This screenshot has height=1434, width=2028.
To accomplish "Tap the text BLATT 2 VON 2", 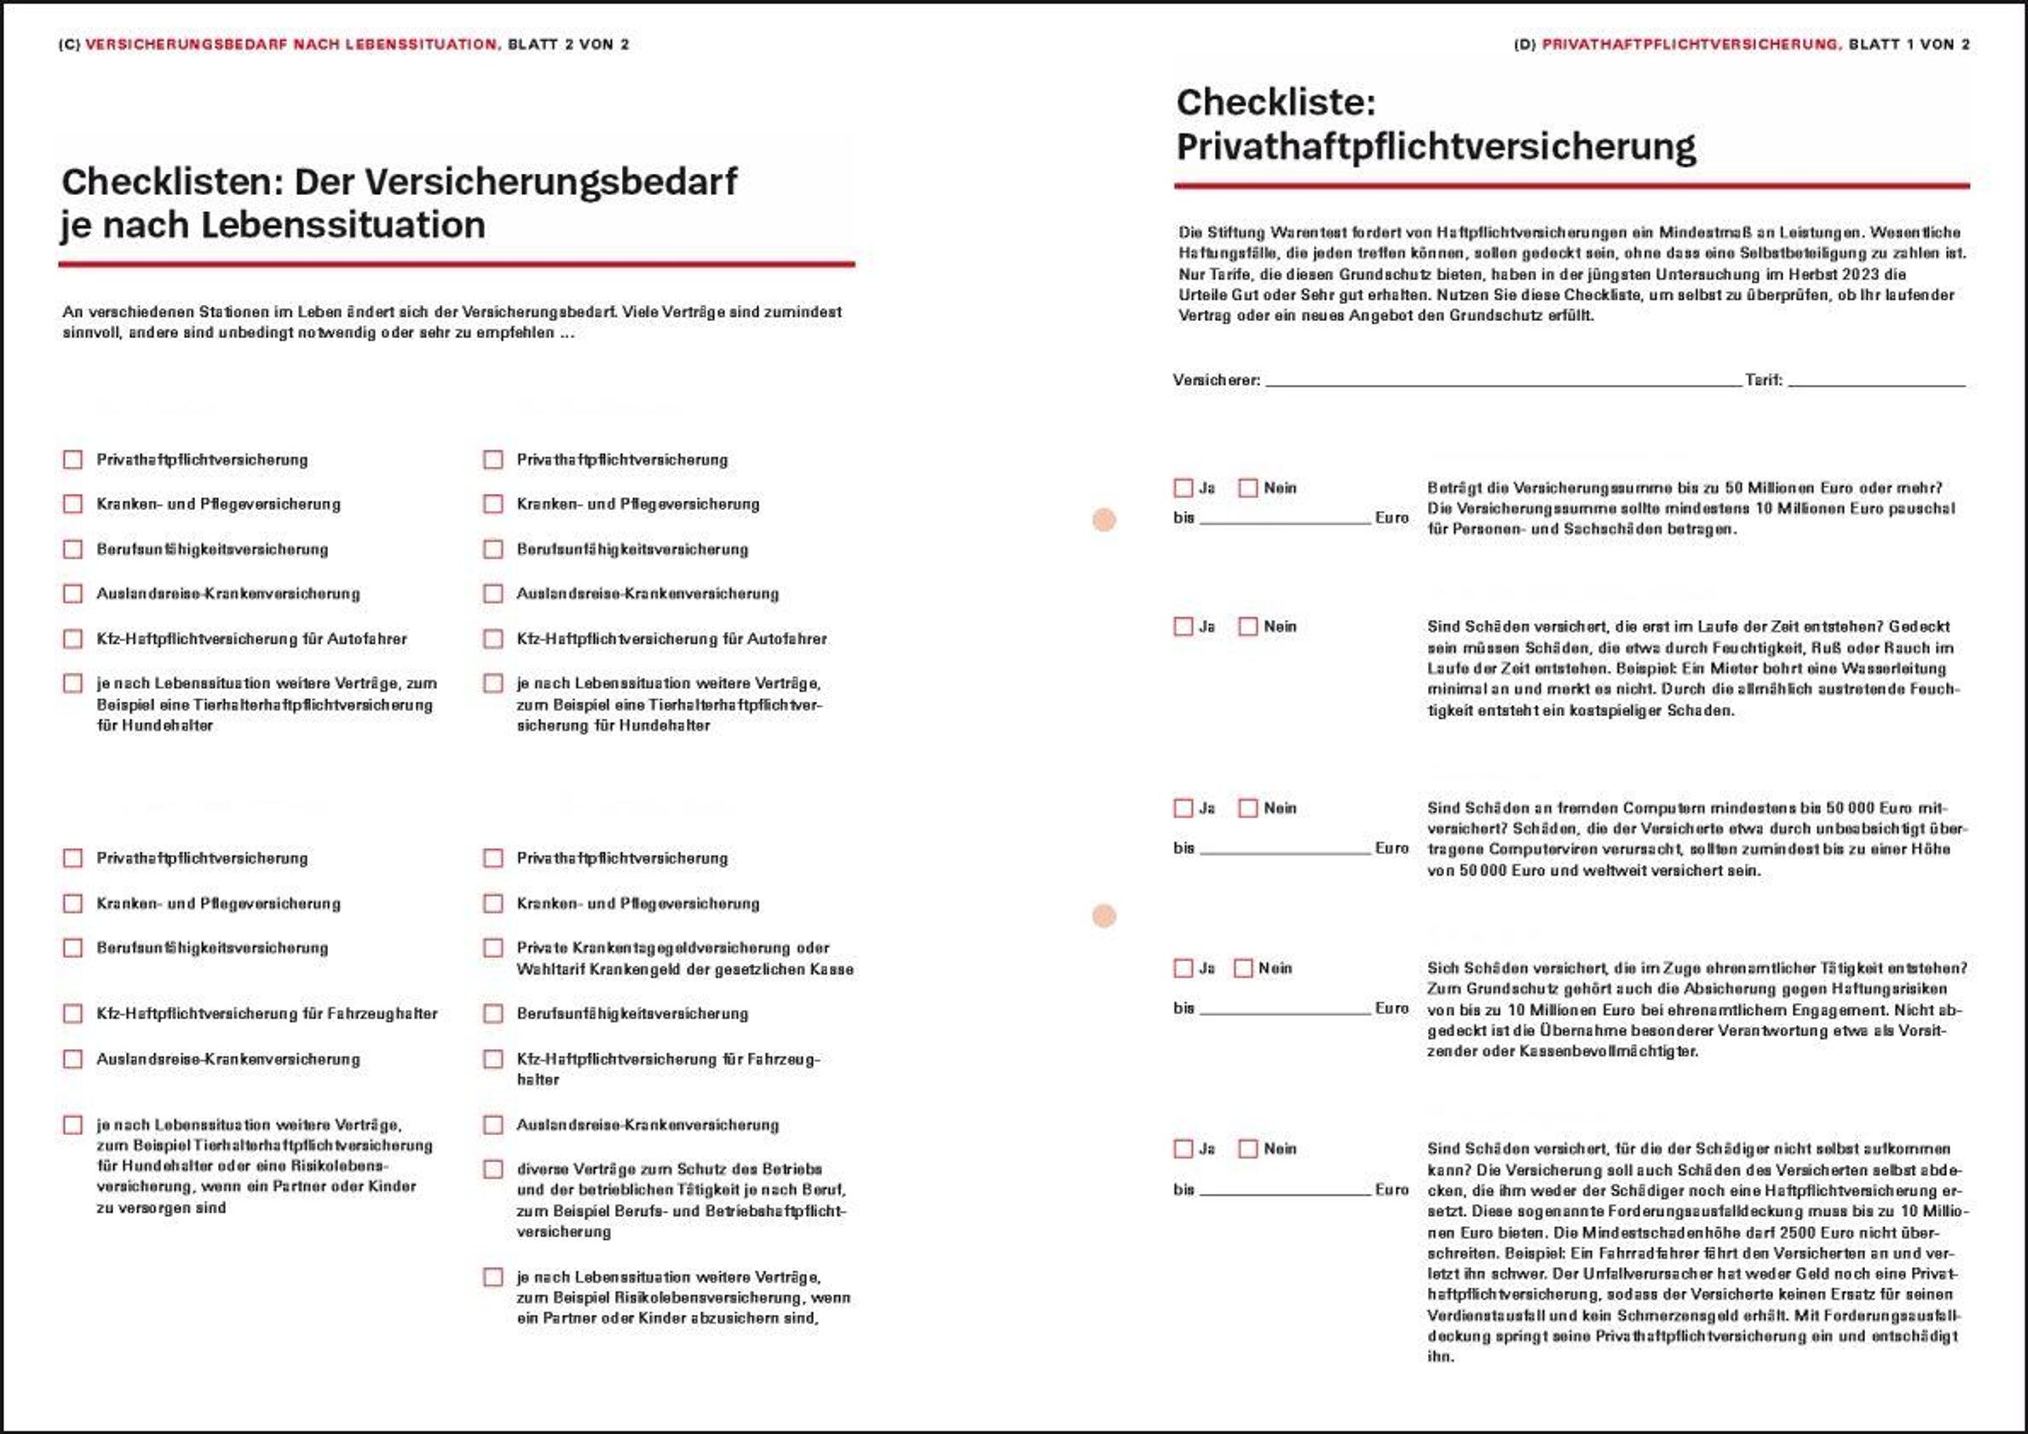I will click(x=568, y=45).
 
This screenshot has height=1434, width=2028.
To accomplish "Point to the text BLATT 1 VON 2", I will click(x=1909, y=45).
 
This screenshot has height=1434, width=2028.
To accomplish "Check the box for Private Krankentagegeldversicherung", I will click(x=493, y=948).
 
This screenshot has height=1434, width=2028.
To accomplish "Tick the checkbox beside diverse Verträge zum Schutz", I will click(x=493, y=1170).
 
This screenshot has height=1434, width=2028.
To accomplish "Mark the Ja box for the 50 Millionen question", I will click(x=1184, y=488).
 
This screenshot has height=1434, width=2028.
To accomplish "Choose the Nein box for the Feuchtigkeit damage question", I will click(x=1248, y=627).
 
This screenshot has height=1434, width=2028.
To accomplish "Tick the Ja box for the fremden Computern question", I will click(x=1184, y=808).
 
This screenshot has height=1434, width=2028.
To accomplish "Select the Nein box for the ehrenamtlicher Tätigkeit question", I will click(x=1243, y=969).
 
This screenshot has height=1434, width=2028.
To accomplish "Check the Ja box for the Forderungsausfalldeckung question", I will click(x=1184, y=1149).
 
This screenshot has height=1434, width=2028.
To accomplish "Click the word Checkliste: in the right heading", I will click(x=1275, y=103).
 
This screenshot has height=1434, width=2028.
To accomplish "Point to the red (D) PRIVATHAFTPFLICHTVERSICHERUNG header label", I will click(x=1690, y=45).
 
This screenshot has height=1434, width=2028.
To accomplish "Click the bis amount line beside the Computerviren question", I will click(x=1285, y=849).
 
